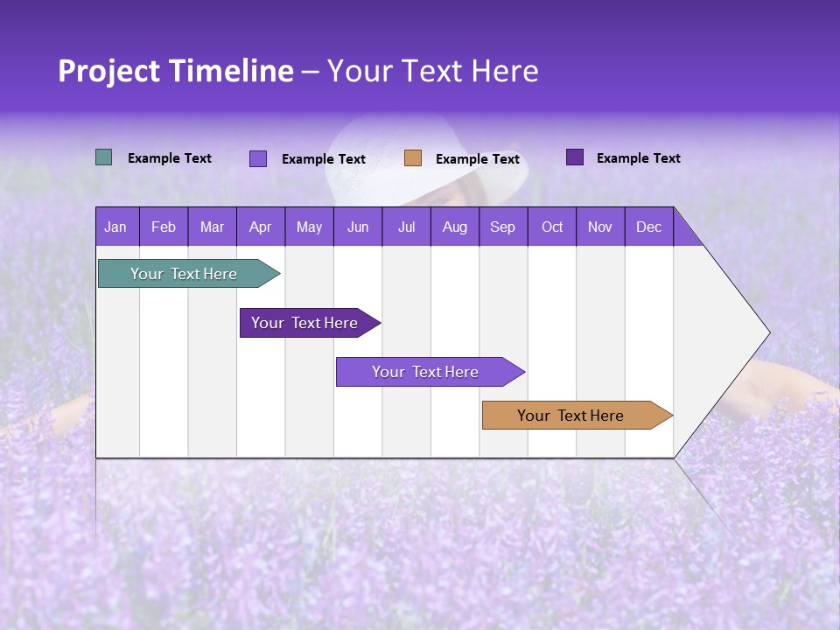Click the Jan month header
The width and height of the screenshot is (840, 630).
point(116,227)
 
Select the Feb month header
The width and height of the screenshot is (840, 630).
point(164,227)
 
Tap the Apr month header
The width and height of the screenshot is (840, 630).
point(260,227)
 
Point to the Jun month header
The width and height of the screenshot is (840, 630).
point(358,227)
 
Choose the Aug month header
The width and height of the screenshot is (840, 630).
point(454,227)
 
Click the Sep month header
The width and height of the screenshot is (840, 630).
point(502,227)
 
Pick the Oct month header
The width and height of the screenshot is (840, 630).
point(552,227)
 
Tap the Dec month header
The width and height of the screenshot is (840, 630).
point(648,227)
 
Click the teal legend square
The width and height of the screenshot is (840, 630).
point(103,157)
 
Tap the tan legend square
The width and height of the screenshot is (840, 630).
point(413,158)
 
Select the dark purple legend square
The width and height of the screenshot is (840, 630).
point(575,157)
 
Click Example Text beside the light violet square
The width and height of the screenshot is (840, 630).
point(323,159)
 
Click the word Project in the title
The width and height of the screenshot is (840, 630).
point(108,71)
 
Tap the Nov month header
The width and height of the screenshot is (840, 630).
point(600,227)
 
